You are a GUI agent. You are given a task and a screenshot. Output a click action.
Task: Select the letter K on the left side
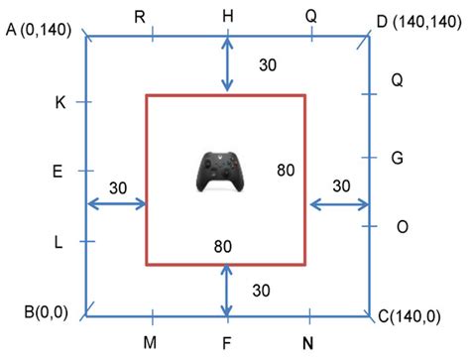click(59, 102)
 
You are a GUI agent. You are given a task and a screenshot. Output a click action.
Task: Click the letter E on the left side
click(58, 172)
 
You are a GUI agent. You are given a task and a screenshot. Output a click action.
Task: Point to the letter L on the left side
click(59, 241)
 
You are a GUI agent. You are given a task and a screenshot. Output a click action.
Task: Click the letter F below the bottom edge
click(227, 342)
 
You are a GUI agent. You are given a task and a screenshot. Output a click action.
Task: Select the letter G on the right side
click(398, 157)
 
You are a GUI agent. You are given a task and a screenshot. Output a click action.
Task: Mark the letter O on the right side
click(402, 227)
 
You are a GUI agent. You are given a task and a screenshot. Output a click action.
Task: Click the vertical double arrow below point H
click(228, 65)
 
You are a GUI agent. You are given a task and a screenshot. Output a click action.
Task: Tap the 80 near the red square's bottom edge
click(225, 246)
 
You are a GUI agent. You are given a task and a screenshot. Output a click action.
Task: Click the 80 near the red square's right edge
click(286, 171)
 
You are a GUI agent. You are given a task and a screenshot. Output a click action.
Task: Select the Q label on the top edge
click(311, 16)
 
